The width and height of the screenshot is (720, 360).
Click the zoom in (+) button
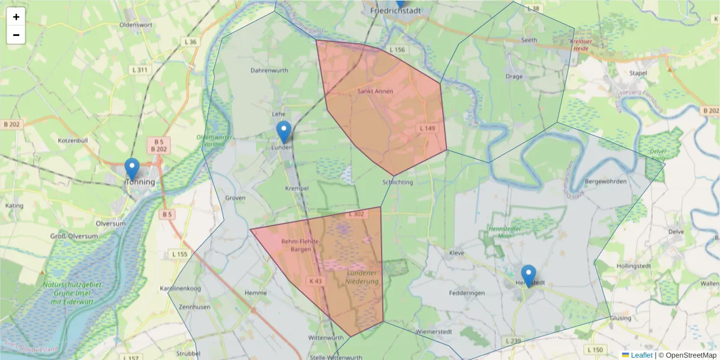pyautogui.click(x=16, y=17)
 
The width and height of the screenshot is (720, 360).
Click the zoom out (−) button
pyautogui.click(x=16, y=35)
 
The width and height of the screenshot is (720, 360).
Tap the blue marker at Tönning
pyautogui.click(x=131, y=170)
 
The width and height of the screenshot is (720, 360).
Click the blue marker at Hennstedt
pyautogui.click(x=528, y=276)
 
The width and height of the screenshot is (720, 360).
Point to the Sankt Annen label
pyautogui.click(x=375, y=91)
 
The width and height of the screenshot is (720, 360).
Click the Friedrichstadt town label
pyautogui.click(x=395, y=10)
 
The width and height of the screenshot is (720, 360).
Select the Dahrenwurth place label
pyautogui.click(x=269, y=70)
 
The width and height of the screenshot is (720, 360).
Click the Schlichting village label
pyautogui.click(x=397, y=182)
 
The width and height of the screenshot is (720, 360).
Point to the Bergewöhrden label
pyautogui.click(x=605, y=181)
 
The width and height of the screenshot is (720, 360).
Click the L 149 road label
pyautogui.click(x=427, y=128)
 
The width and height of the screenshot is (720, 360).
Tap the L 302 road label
pyautogui.click(x=356, y=214)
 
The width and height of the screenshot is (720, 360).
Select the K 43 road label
pyautogui.click(x=316, y=280)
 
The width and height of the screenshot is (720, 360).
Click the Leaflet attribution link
pyautogui.click(x=641, y=355)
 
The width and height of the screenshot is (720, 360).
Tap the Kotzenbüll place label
pyautogui.click(x=74, y=140)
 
